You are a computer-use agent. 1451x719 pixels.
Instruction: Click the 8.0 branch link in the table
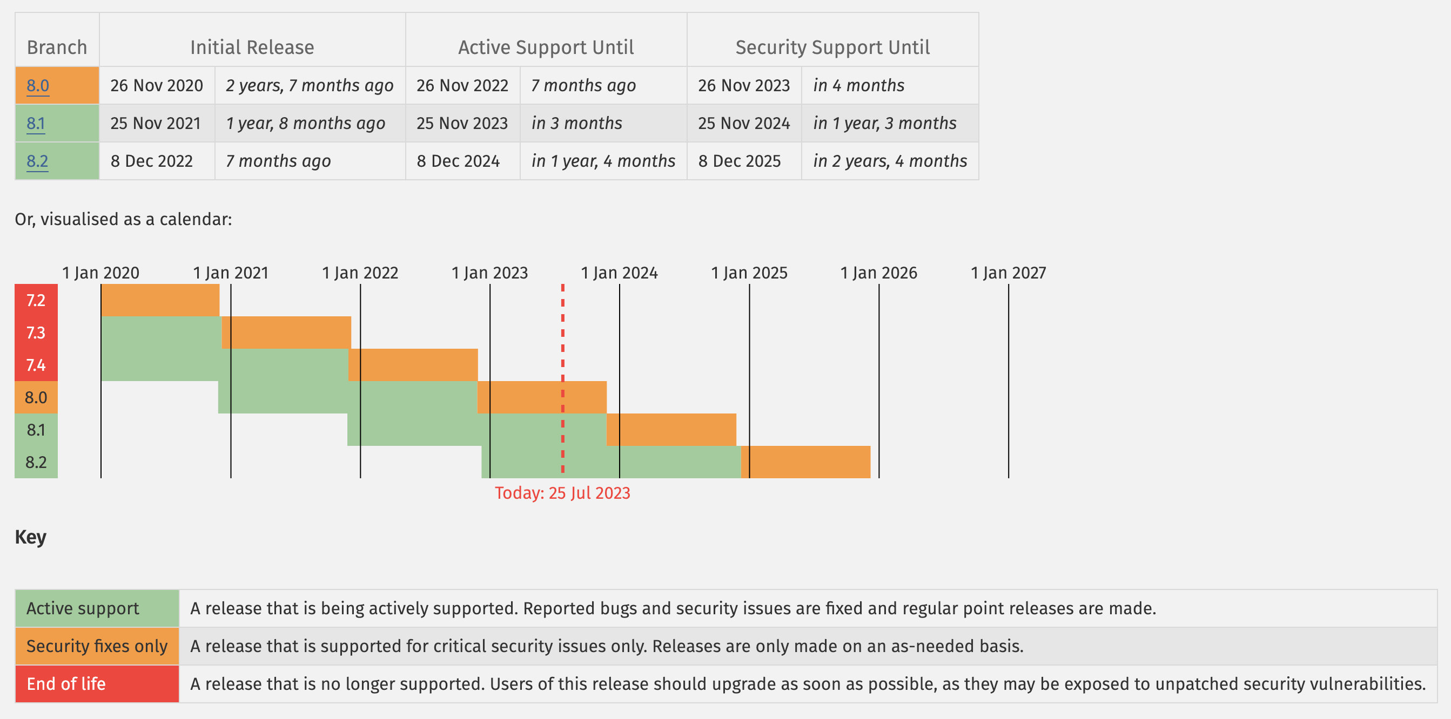click(x=38, y=86)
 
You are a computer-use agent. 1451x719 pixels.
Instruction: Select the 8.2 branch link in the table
click(x=37, y=161)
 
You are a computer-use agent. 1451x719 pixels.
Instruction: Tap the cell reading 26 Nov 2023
click(x=743, y=86)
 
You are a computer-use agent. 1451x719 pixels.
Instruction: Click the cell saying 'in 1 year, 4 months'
click(x=603, y=161)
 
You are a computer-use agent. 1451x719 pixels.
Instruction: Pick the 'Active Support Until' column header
click(x=545, y=48)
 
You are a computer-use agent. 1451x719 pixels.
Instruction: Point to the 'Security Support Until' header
click(x=832, y=48)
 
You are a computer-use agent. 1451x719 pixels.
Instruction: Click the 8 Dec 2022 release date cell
click(x=151, y=161)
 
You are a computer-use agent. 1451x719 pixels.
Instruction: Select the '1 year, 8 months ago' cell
click(x=305, y=123)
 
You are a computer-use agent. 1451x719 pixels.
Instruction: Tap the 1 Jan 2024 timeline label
click(x=619, y=273)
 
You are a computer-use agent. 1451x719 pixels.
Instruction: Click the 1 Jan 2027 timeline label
click(x=1007, y=273)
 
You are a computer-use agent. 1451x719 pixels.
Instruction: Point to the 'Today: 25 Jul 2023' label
click(x=562, y=493)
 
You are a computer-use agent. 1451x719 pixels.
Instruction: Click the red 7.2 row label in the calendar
click(x=36, y=300)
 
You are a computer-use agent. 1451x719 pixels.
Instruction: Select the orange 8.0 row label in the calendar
click(x=36, y=397)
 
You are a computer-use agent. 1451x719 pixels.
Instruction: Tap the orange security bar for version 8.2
click(x=805, y=462)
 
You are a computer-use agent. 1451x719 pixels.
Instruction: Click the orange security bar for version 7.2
click(x=160, y=300)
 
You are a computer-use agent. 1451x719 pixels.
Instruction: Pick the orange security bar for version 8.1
click(x=671, y=430)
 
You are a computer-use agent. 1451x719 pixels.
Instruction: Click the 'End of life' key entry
click(x=66, y=683)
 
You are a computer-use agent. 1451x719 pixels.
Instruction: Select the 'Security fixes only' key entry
click(x=97, y=646)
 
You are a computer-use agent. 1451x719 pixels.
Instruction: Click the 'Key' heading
click(x=30, y=537)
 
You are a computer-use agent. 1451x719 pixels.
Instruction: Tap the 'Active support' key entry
click(x=82, y=608)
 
